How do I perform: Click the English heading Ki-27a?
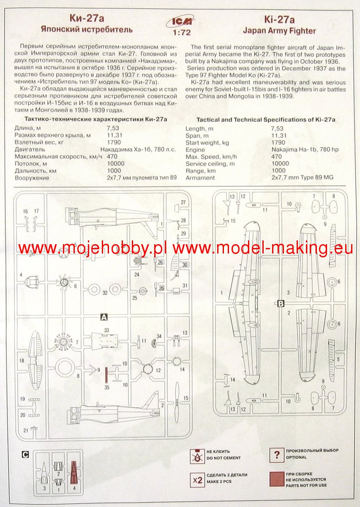[279, 19]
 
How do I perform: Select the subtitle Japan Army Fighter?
[279, 30]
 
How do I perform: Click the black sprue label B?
[281, 303]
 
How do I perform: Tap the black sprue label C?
[25, 455]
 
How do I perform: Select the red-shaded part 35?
[107, 376]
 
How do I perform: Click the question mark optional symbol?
[276, 455]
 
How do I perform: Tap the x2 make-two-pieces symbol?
[197, 480]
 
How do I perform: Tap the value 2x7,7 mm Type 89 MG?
[302, 178]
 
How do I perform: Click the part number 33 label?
[107, 330]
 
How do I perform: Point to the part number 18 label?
[22, 361]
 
